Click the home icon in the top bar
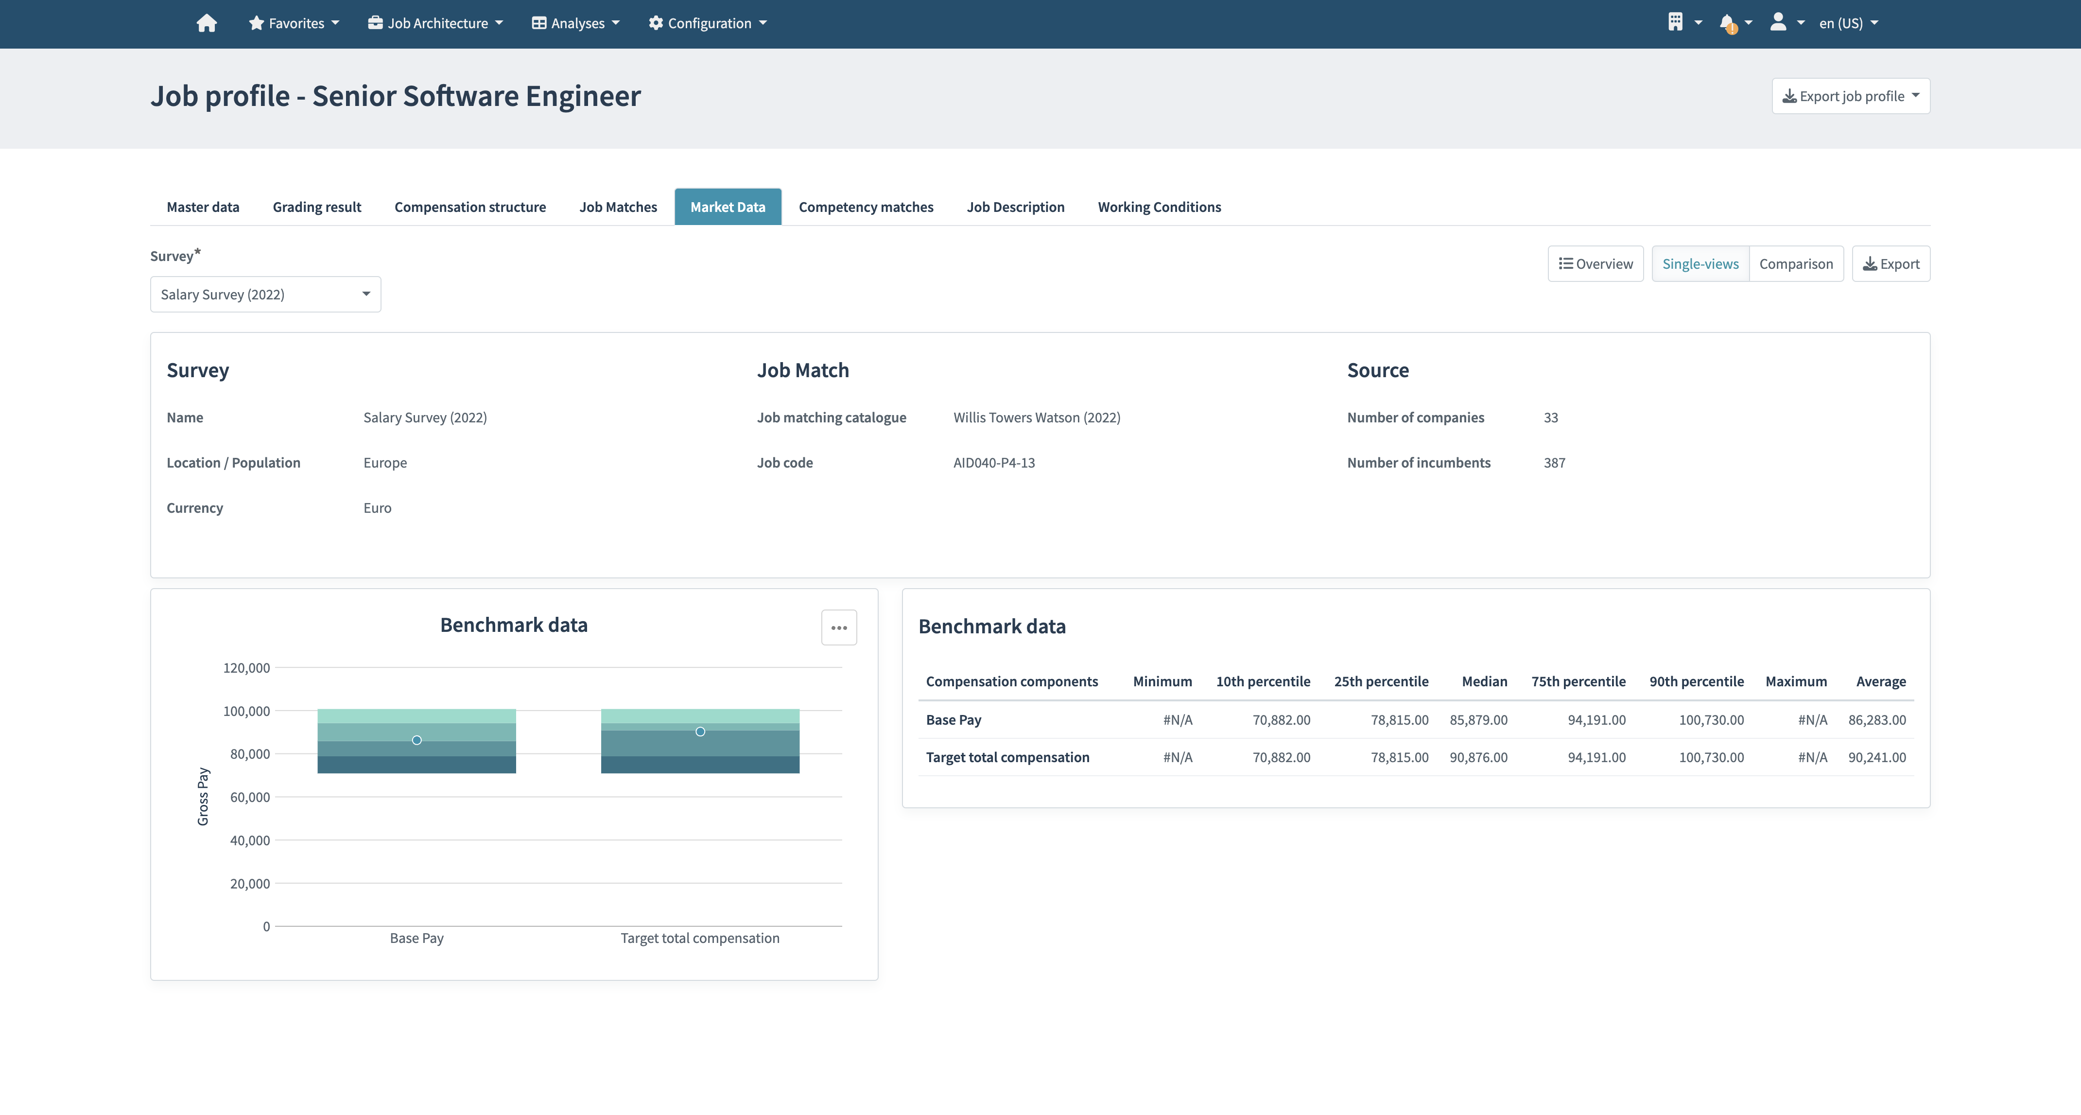[207, 23]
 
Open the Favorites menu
[294, 23]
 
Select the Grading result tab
[317, 207]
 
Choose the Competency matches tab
[865, 207]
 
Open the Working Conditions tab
[1159, 207]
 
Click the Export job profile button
[1850, 96]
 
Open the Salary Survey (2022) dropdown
[265, 294]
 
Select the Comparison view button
[1795, 264]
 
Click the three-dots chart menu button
[838, 628]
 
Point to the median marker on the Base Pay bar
[417, 740]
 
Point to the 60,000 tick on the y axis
[250, 798]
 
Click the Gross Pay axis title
[203, 797]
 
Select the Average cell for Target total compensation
[1876, 757]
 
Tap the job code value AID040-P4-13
[994, 463]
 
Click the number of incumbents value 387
[1554, 463]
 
